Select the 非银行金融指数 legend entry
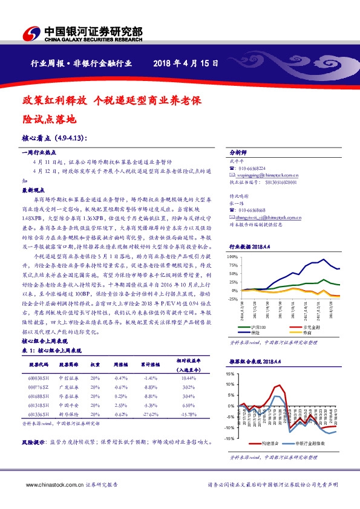tap(312, 444)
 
